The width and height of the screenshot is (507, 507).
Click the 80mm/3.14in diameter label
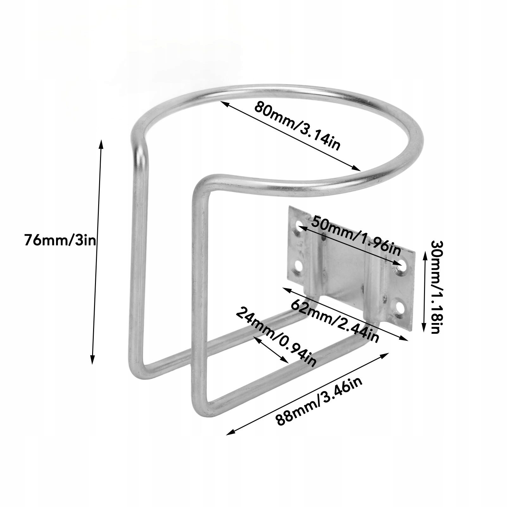297,126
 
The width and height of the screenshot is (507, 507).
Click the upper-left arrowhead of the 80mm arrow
223,103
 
